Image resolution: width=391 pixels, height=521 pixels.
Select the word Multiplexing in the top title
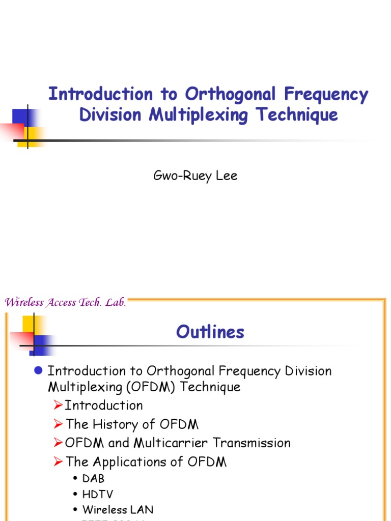coord(199,114)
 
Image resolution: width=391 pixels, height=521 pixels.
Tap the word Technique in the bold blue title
coord(297,114)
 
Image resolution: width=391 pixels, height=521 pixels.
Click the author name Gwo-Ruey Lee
coord(195,176)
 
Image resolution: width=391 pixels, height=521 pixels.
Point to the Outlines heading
coord(210,332)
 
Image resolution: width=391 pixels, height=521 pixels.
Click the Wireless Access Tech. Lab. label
coord(65,302)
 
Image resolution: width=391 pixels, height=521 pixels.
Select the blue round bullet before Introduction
coord(37,370)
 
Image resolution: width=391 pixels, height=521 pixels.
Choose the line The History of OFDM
coord(132,424)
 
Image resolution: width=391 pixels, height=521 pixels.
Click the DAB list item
coord(93,479)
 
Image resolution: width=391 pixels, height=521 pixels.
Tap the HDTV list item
coord(98,494)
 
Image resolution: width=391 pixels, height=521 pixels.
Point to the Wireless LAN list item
coord(118,509)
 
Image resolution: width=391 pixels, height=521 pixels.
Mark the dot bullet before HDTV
coord(75,495)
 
